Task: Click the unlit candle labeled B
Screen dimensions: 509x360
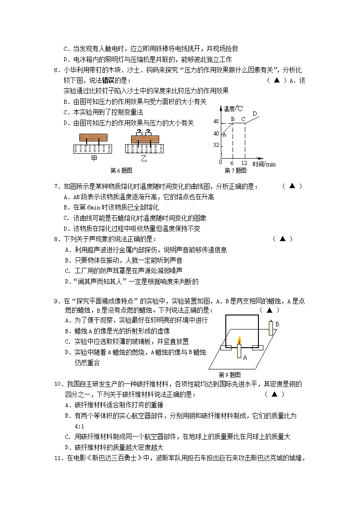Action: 271,328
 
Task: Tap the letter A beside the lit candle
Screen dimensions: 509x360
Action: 245,357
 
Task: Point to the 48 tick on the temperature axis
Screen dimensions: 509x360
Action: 216,121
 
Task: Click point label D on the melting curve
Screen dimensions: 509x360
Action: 254,114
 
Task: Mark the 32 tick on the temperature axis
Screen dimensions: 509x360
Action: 216,145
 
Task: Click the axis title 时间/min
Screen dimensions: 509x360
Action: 264,164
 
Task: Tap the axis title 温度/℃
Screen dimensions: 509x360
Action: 234,108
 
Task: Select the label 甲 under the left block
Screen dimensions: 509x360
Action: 94,158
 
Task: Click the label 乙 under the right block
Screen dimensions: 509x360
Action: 144,158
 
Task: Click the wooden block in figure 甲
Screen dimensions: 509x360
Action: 93,137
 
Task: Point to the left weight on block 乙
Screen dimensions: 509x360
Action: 138,132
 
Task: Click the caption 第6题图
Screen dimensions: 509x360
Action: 121,170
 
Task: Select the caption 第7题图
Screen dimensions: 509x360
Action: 235,170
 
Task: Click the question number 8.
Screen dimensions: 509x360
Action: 56,239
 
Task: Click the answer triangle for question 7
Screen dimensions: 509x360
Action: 292,186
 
